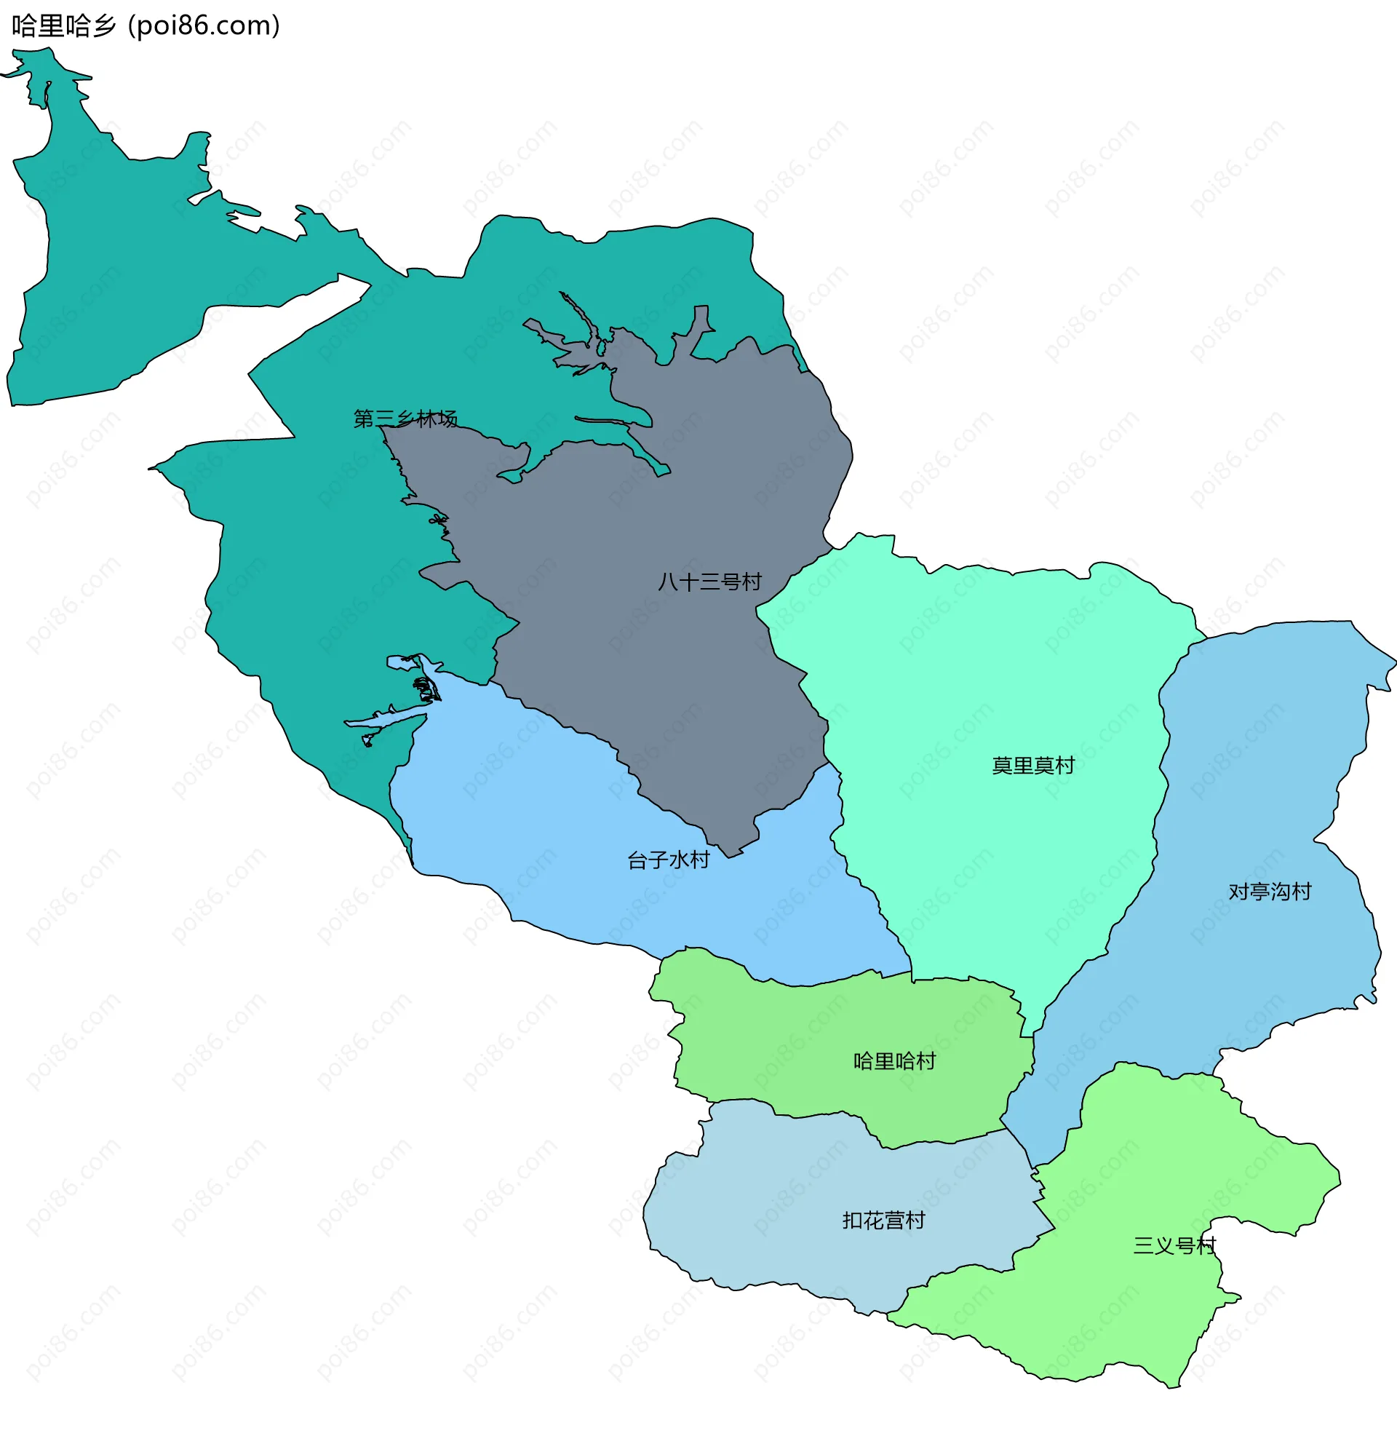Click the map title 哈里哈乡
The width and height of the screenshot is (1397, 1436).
click(64, 26)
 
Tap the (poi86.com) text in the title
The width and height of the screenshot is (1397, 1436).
click(204, 26)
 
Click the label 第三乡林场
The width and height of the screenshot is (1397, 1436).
click(405, 419)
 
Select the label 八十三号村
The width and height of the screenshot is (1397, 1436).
click(709, 582)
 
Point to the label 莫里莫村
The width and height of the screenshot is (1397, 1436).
click(1033, 766)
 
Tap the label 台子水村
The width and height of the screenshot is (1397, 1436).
click(669, 860)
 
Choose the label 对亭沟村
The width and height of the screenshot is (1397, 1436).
click(1270, 892)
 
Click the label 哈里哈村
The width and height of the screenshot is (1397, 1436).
click(894, 1061)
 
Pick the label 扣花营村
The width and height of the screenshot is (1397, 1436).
click(883, 1221)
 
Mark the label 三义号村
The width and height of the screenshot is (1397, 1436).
click(1174, 1245)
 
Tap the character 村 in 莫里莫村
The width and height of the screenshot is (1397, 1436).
click(1064, 766)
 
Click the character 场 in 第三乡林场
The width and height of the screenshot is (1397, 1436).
click(447, 419)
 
